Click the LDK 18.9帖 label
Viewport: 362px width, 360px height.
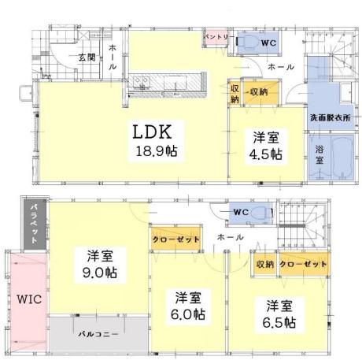click(156, 141)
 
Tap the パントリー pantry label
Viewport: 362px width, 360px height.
click(216, 37)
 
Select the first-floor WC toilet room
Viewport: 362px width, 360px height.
click(258, 43)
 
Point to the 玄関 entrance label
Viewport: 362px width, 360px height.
click(87, 58)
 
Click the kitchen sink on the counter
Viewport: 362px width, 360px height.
click(142, 82)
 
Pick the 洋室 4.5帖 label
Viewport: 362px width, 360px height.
click(266, 147)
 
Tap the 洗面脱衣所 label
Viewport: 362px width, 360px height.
click(331, 117)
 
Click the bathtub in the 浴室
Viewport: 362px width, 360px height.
click(342, 158)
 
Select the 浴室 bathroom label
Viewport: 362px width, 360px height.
click(320, 155)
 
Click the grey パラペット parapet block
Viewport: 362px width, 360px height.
click(35, 224)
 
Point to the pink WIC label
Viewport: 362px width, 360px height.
click(29, 299)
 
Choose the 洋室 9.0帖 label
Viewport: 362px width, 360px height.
click(100, 265)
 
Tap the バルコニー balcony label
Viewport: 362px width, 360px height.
click(98, 334)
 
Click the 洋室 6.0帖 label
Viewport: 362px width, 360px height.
click(188, 306)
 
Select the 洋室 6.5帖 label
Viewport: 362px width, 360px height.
click(279, 314)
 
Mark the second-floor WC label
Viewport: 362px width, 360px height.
click(241, 212)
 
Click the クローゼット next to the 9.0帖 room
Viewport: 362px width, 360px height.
click(176, 239)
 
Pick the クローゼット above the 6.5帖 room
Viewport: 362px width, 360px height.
click(304, 264)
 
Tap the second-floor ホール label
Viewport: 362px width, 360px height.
click(230, 237)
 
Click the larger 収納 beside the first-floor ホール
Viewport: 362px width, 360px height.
click(260, 92)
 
